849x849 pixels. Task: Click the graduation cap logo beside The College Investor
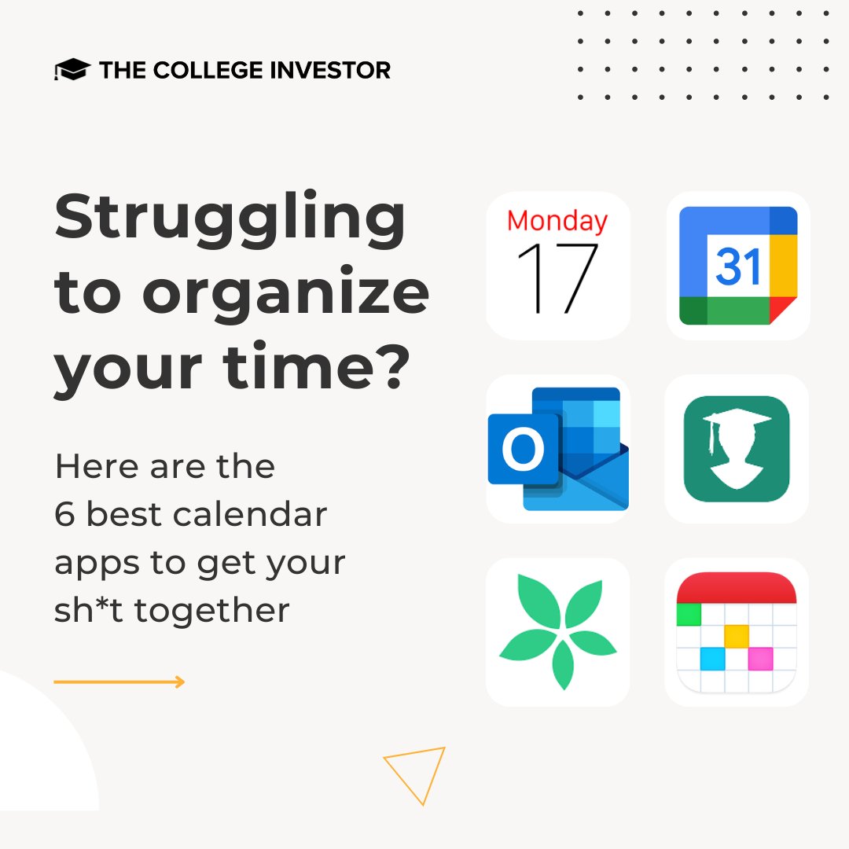tap(72, 70)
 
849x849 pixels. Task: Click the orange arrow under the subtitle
tap(119, 682)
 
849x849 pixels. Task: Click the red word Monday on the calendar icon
tap(557, 221)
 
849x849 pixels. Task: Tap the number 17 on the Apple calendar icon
tap(557, 278)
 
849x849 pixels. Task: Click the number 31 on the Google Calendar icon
tap(738, 267)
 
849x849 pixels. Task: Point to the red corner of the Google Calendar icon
tap(782, 310)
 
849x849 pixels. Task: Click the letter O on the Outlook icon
tap(523, 450)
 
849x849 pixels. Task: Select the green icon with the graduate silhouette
tap(737, 449)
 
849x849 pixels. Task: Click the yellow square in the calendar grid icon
tap(736, 635)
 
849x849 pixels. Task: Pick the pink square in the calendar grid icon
tap(760, 659)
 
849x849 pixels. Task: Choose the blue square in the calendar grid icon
tap(711, 659)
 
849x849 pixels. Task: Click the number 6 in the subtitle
tap(64, 515)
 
